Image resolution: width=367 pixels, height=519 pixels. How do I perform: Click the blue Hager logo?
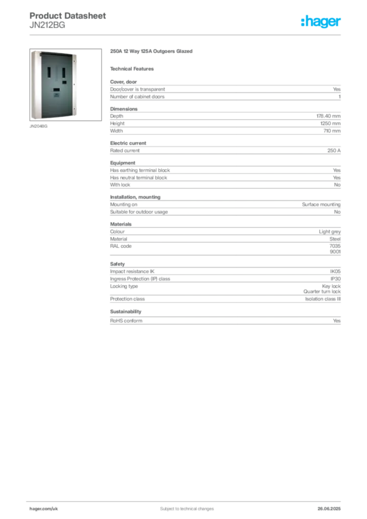pos(321,22)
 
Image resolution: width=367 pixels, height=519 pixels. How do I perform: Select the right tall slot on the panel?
pos(63,73)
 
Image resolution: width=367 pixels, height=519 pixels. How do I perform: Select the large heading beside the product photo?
pos(152,52)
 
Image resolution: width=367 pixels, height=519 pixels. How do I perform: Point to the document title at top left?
pos(68,15)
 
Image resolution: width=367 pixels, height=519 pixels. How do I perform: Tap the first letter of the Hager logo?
pos(303,22)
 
